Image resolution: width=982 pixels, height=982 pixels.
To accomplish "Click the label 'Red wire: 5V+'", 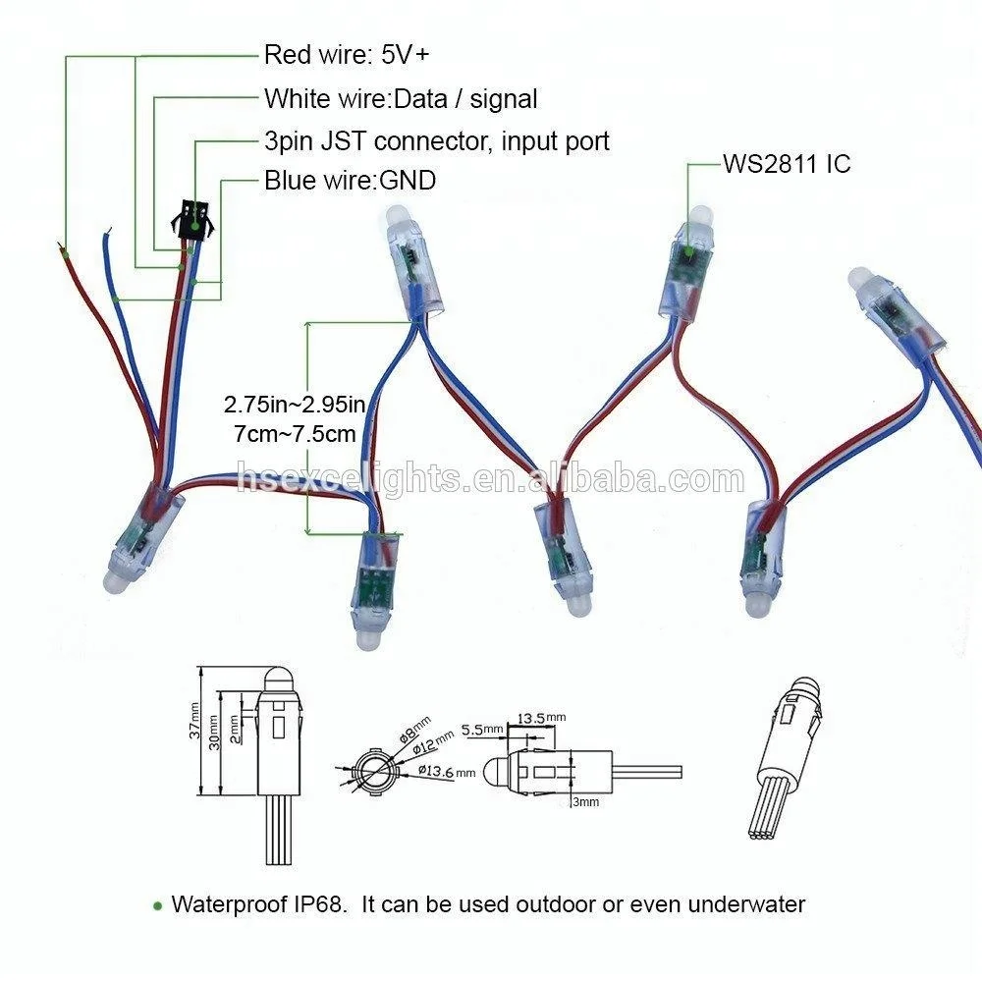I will tap(347, 55).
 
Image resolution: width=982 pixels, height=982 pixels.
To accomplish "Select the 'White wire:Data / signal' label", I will tap(401, 98).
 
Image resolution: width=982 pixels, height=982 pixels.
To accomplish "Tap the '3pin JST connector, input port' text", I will tap(437, 140).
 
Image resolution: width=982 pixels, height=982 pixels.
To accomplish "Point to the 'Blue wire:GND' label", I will tap(351, 181).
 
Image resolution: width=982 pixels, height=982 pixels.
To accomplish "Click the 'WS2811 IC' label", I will tap(787, 164).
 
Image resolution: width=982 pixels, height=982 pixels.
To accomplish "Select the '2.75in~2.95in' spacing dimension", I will tap(295, 404).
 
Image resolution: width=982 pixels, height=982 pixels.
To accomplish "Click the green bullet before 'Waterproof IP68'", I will tap(157, 905).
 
